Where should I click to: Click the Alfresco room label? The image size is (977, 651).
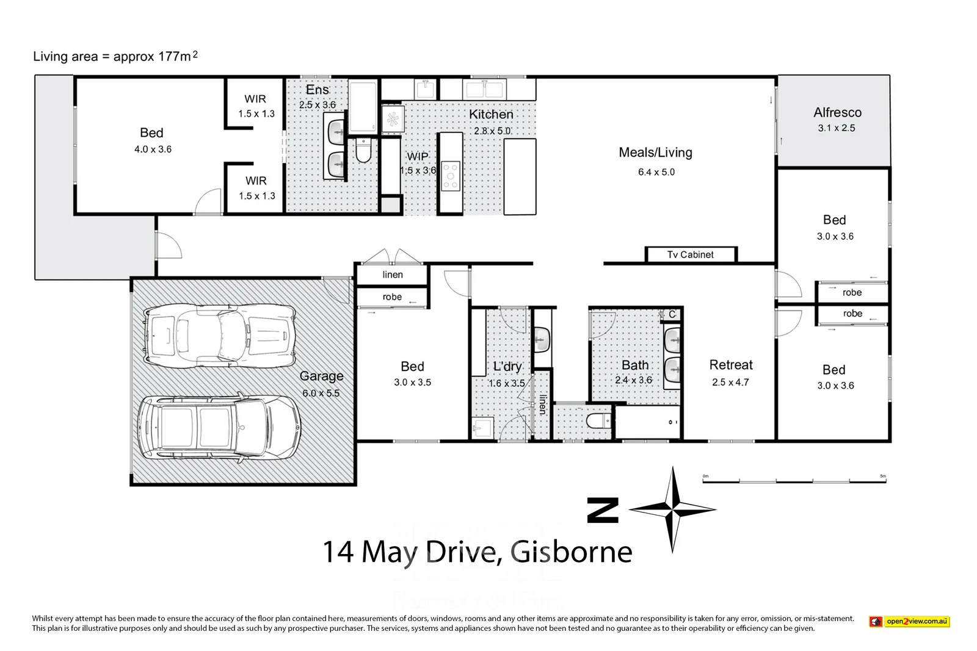pos(837,112)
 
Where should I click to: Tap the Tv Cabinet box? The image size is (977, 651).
pos(691,254)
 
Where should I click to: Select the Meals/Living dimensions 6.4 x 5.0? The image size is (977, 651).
pos(656,172)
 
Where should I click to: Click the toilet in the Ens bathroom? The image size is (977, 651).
pos(363,150)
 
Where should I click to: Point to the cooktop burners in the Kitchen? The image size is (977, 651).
pos(451,176)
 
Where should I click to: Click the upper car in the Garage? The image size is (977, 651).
pos(220,334)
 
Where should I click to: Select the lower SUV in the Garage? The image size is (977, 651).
pos(219,427)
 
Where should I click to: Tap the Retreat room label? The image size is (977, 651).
pos(731,365)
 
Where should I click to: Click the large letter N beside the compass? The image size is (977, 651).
pos(603,510)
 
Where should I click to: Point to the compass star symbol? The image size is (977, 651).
pos(672,509)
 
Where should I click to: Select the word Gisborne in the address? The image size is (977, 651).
pos(571,552)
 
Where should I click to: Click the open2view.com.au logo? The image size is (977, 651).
pos(910,622)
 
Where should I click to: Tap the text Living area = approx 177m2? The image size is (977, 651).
pos(115,57)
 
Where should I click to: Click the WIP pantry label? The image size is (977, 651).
pos(418,156)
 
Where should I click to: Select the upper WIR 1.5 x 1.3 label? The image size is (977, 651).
pos(256,106)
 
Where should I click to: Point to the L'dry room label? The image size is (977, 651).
pos(507,367)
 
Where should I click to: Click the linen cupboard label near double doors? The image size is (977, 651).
pos(393,275)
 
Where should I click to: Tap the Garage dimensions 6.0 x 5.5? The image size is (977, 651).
pos(321,393)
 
